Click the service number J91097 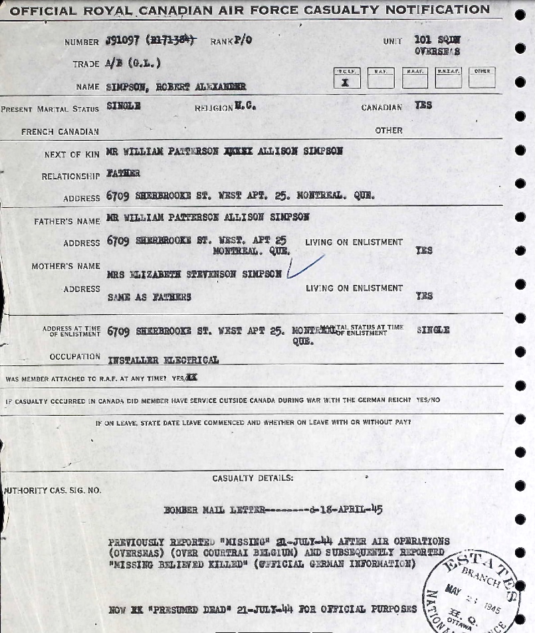tap(122, 41)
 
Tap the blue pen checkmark tap(304, 267)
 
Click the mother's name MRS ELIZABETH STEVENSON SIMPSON tap(195, 274)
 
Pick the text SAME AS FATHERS tap(150, 297)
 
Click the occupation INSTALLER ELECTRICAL tap(163, 360)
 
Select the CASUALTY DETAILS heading tap(253, 478)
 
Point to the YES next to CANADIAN tap(423, 106)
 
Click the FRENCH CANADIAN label tap(60, 132)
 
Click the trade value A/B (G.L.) tap(132, 64)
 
